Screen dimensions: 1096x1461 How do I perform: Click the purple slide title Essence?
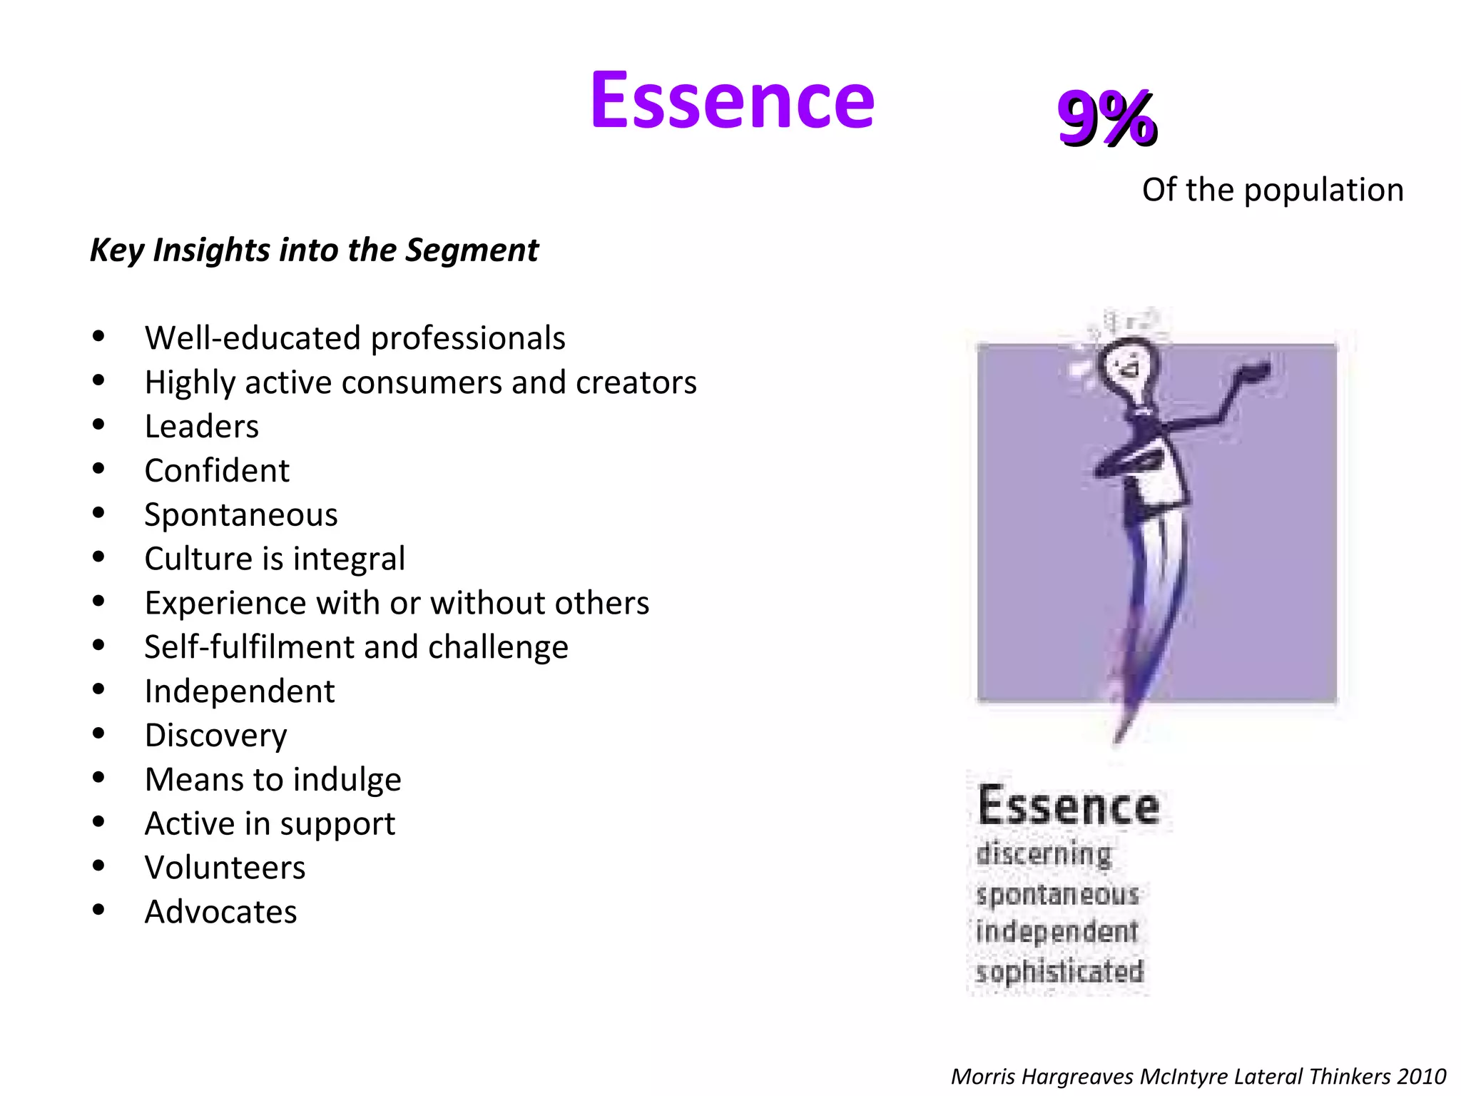click(732, 101)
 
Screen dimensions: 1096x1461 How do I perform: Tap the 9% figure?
click(1106, 118)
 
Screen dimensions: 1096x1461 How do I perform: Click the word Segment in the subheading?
click(472, 250)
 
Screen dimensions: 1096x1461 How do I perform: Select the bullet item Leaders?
click(202, 427)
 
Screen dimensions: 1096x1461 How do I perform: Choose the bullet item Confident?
click(217, 471)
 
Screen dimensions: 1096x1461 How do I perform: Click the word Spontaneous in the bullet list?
click(241, 515)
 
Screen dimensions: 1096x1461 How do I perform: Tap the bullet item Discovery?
click(215, 736)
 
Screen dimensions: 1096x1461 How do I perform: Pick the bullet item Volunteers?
click(225, 868)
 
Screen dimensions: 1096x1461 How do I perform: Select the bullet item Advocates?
click(220, 912)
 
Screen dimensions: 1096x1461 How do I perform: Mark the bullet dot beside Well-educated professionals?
click(98, 336)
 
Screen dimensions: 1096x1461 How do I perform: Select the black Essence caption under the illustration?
click(1068, 806)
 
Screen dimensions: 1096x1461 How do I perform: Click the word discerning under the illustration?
click(1044, 854)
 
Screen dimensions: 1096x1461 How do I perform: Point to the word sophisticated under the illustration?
click(1059, 972)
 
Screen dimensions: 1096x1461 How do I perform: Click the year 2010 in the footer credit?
click(1421, 1076)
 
